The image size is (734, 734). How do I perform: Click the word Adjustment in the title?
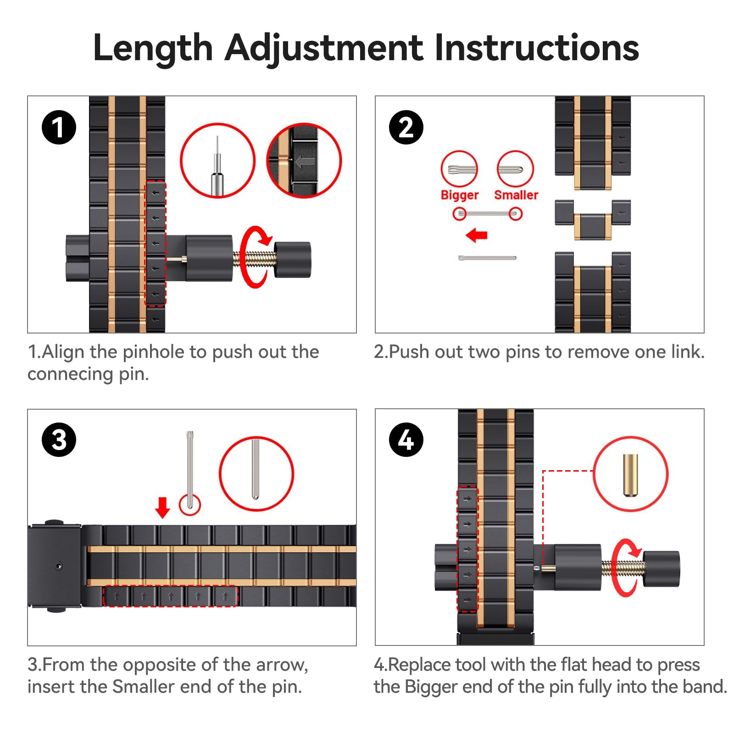point(323,48)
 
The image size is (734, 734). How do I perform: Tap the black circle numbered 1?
point(59,128)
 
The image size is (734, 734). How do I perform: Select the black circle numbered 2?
point(406,128)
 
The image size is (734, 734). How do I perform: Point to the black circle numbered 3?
point(59,440)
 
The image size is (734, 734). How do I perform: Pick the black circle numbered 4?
point(406,440)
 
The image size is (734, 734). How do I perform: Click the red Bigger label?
point(459,195)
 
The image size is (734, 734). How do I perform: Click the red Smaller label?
point(516,195)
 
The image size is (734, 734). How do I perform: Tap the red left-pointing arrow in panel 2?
point(477,236)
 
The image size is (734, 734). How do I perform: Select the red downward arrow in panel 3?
point(162,507)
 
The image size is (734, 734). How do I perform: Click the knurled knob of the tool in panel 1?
point(293,260)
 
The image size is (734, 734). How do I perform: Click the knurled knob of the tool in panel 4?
point(661,569)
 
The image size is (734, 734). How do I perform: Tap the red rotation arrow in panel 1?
point(255,257)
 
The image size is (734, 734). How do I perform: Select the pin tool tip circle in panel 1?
point(217,161)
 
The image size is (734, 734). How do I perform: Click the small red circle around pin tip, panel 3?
point(190,505)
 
